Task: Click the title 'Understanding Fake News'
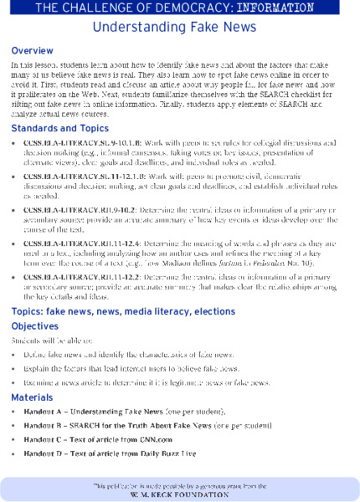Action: pos(180,28)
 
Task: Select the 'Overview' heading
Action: pos(33,51)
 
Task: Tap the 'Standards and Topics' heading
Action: pos(59,128)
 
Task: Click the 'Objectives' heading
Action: pos(35,325)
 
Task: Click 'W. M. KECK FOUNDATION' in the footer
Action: pos(179,494)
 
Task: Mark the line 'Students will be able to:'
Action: pos(47,341)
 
